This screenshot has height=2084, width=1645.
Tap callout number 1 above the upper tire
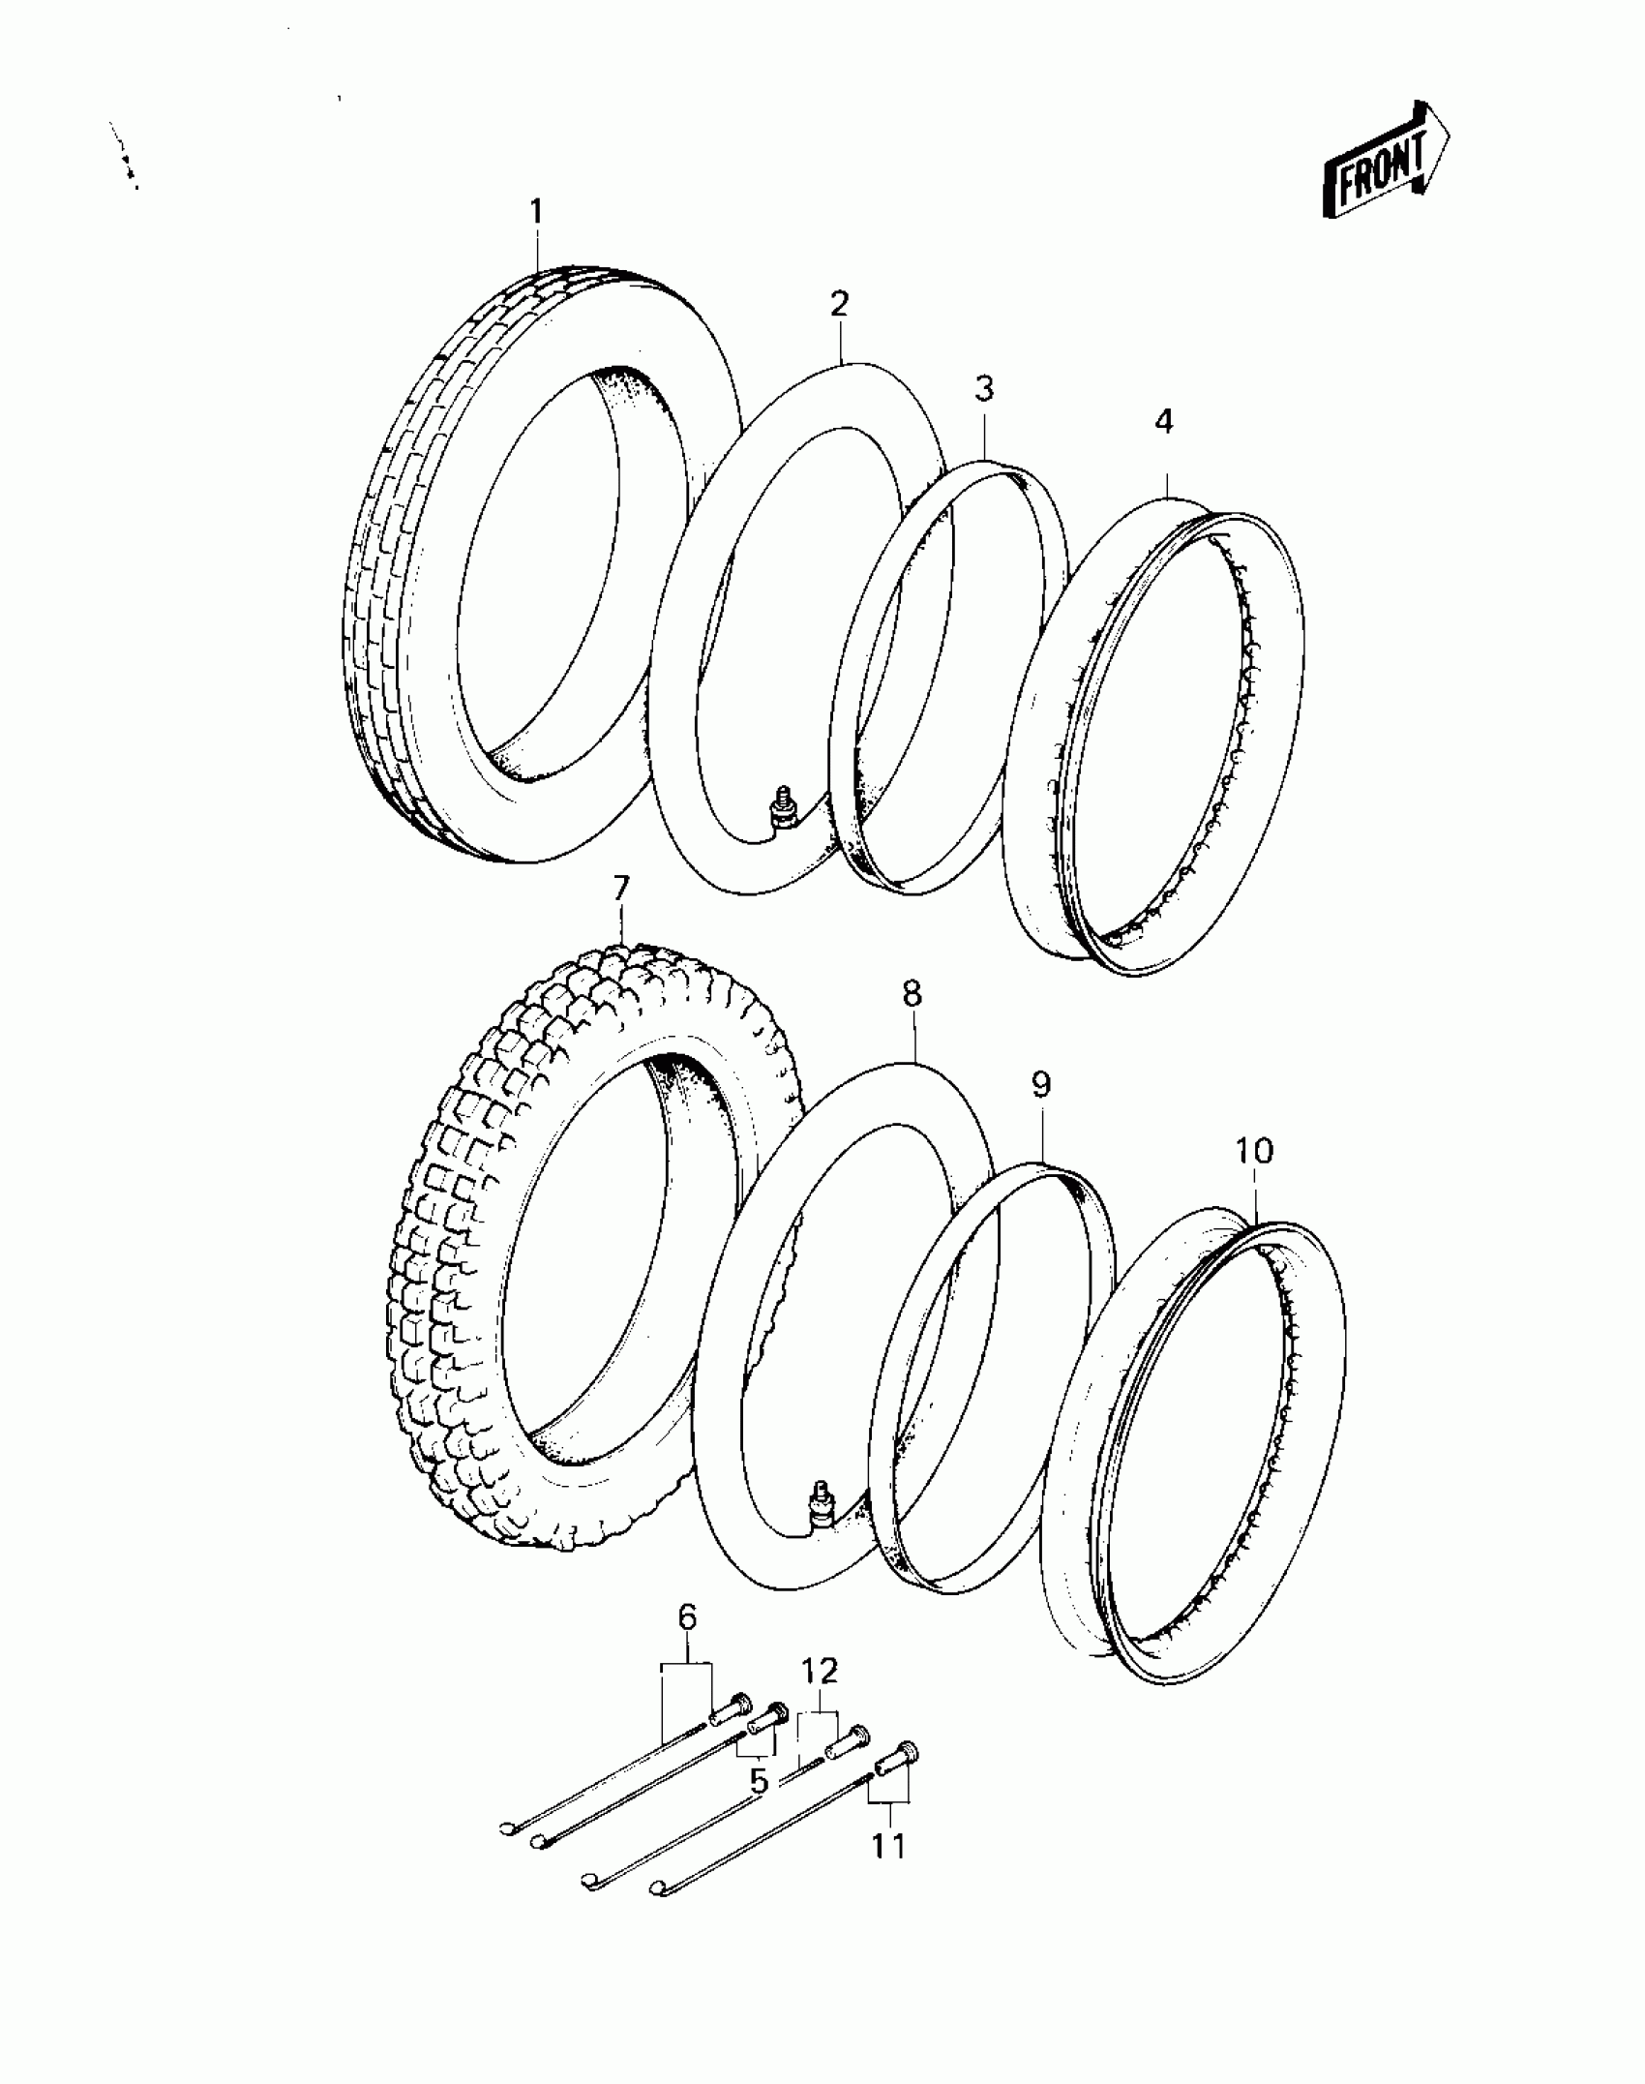tap(536, 211)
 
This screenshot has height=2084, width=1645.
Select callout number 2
tap(839, 304)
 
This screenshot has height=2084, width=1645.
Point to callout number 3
tap(983, 389)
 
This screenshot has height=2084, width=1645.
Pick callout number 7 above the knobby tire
tap(620, 888)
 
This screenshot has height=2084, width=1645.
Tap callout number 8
tap(912, 994)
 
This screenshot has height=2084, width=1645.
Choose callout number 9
tap(1040, 1085)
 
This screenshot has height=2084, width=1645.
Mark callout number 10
tap(1253, 1151)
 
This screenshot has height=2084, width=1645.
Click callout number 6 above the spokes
tap(686, 1616)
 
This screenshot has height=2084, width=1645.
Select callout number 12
tap(820, 1671)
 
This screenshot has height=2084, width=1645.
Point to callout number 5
tap(758, 1780)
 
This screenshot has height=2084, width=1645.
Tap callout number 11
tap(888, 1845)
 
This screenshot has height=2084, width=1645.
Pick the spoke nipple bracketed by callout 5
tap(764, 1718)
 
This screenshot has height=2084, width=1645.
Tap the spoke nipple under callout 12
tap(847, 1743)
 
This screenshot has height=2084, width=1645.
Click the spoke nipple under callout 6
tap(731, 1708)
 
